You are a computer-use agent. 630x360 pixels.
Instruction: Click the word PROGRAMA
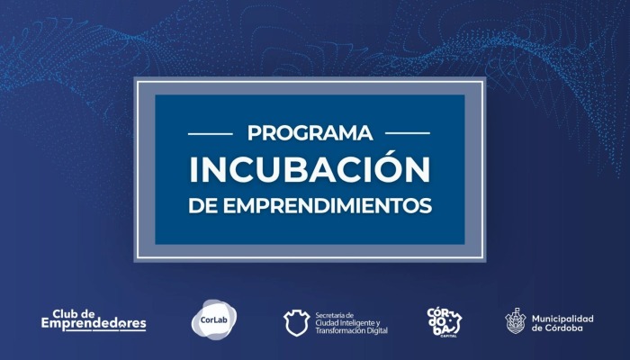310,133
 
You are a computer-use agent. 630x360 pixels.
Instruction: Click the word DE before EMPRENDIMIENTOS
202,205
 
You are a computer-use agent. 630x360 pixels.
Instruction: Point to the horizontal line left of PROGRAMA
211,133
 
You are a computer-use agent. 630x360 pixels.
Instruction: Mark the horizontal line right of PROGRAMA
408,133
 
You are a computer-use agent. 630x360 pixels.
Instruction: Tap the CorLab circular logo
214,319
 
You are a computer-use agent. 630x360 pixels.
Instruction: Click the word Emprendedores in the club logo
94,324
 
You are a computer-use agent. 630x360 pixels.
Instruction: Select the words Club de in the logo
74,313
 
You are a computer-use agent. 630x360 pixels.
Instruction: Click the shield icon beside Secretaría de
296,322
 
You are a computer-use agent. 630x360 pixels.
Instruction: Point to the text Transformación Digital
352,330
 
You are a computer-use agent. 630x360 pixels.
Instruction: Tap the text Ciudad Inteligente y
347,323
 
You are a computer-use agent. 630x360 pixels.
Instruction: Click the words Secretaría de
334,315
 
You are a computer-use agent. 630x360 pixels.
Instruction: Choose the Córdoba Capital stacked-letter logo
444,322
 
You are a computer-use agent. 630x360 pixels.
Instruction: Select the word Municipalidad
562,319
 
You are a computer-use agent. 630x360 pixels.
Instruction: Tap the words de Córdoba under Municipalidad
557,328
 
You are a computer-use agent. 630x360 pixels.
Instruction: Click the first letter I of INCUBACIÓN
193,169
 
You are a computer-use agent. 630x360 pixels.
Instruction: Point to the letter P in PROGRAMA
254,133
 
